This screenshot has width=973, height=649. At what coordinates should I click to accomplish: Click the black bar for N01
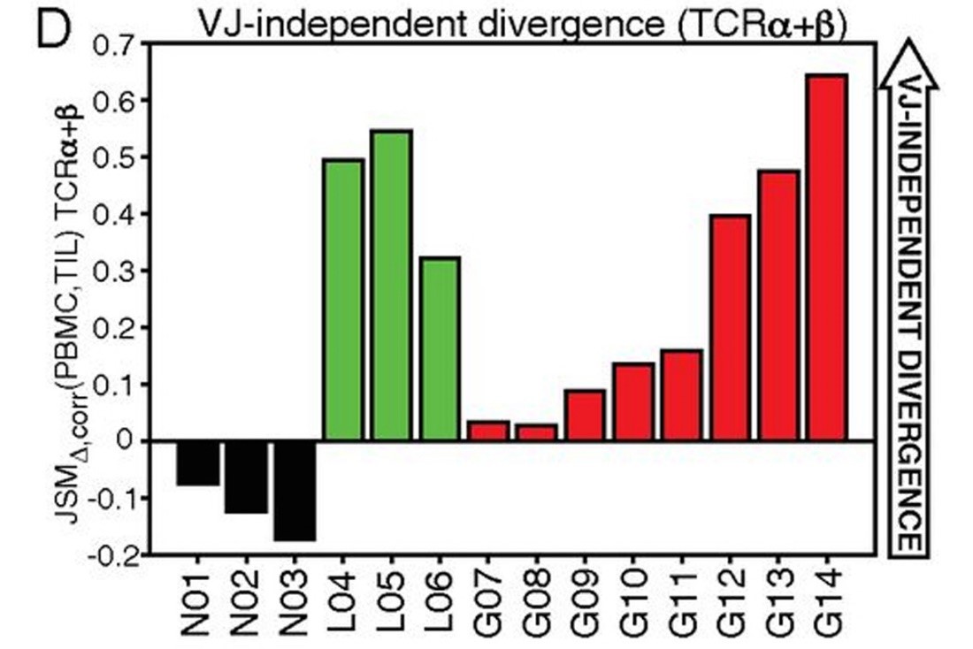[x=197, y=462]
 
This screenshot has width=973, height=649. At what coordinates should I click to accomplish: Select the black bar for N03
[x=293, y=490]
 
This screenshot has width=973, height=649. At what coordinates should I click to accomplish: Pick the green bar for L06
[x=440, y=348]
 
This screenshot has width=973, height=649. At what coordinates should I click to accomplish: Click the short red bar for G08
[x=537, y=432]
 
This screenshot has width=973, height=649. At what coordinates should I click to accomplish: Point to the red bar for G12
[x=730, y=327]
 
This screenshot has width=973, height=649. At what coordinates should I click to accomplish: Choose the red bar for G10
[x=633, y=401]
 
